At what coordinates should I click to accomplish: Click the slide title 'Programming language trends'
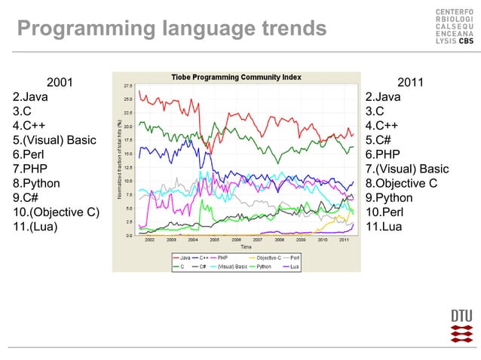172,29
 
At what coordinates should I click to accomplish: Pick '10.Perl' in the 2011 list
384,212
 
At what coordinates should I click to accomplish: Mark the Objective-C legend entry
272,258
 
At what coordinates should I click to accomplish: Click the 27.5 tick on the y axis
128,85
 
